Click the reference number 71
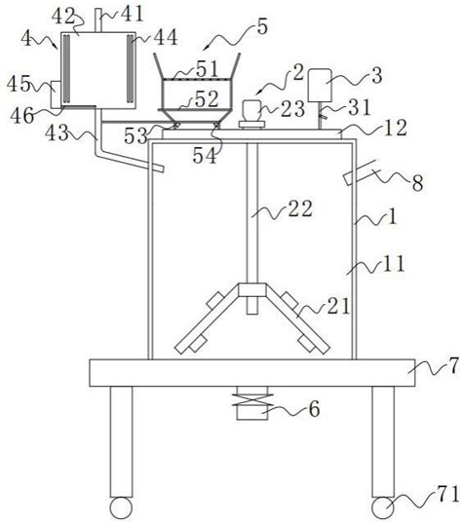[x=447, y=494]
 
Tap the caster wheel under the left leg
[x=121, y=508]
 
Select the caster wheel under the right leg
[x=383, y=508]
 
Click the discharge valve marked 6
[x=252, y=403]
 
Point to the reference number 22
[x=300, y=208]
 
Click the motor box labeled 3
[x=320, y=85]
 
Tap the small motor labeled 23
[x=251, y=111]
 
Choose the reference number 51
[x=208, y=69]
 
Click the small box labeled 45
[x=56, y=94]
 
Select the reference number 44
[x=166, y=37]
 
